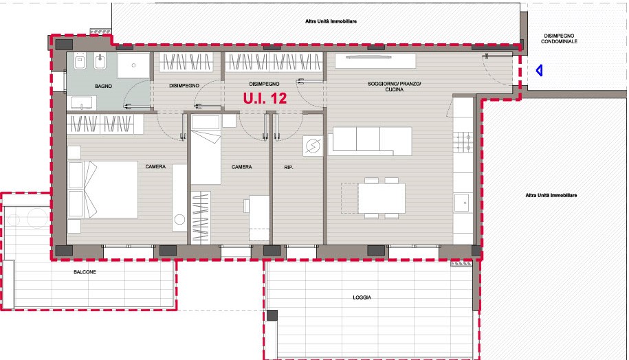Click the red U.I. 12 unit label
pos(265,98)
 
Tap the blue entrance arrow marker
pos(539,71)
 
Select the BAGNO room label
pos(104,86)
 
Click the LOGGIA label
pos(362,297)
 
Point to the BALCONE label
pos(85,272)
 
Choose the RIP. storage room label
pos(289,167)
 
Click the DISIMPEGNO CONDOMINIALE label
pos(559,38)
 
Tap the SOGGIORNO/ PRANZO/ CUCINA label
pos(395,87)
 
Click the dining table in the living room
pos(381,198)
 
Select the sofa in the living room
pos(370,141)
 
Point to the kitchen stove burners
pos(463,142)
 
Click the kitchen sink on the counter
pos(463,203)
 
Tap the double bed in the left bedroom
pos(103,190)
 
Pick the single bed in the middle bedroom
pos(206,150)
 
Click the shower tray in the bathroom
pos(133,65)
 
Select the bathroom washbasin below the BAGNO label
pos(83,103)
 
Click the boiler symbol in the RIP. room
pos(313,146)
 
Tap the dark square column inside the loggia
pos(272,315)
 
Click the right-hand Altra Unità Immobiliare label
pos(551,195)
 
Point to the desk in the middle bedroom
pos(259,218)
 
